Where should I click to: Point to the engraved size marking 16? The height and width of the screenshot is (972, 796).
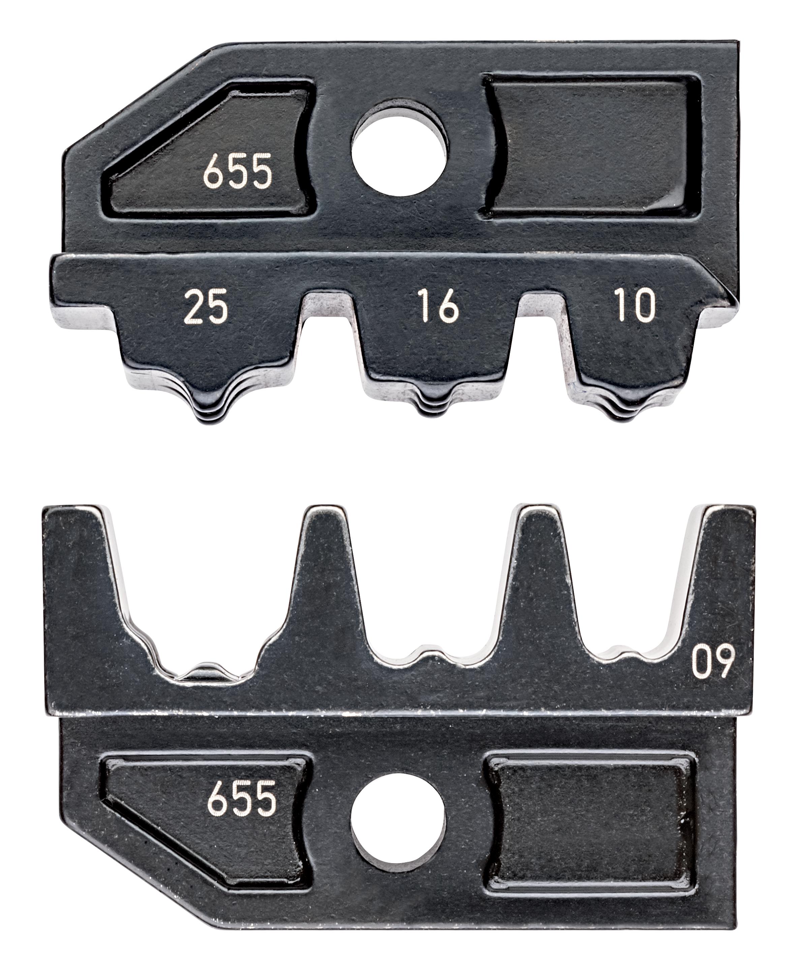click(438, 306)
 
